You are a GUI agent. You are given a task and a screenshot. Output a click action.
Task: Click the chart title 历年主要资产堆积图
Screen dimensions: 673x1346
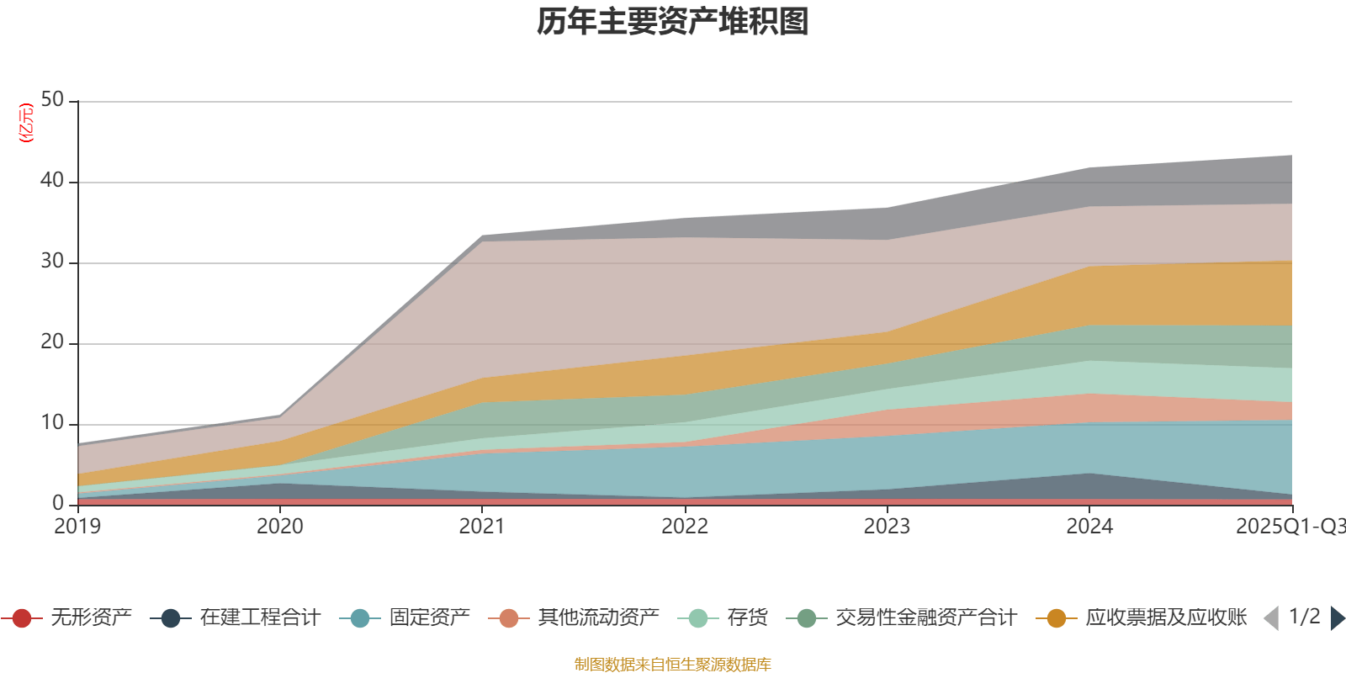pos(673,22)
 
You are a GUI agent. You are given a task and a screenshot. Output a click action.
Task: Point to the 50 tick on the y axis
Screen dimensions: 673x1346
pos(52,99)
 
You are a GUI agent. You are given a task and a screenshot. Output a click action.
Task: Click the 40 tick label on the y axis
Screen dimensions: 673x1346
pos(52,180)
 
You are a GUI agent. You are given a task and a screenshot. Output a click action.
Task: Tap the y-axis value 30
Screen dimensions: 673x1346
pos(52,261)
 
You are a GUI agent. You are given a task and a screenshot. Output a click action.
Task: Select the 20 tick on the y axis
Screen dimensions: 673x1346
pos(52,342)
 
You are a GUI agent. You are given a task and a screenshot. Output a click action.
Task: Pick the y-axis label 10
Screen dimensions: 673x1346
pos(52,422)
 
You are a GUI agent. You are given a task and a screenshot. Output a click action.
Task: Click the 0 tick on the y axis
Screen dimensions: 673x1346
pos(58,503)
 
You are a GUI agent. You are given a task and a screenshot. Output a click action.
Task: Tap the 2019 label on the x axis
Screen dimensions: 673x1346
pos(77,527)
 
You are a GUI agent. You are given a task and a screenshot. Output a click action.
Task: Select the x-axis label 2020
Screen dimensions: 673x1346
pos(280,527)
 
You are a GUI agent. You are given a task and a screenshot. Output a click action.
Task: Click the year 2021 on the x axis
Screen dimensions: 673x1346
pos(482,527)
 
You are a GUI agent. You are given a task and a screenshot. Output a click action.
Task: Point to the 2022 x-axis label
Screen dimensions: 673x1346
pos(685,527)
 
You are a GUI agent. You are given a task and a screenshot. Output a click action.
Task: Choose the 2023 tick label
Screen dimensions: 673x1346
pos(887,527)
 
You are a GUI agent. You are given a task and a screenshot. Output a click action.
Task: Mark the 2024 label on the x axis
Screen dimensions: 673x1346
pos(1089,527)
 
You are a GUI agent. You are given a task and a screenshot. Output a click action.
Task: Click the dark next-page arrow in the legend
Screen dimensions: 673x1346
pos(1337,618)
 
